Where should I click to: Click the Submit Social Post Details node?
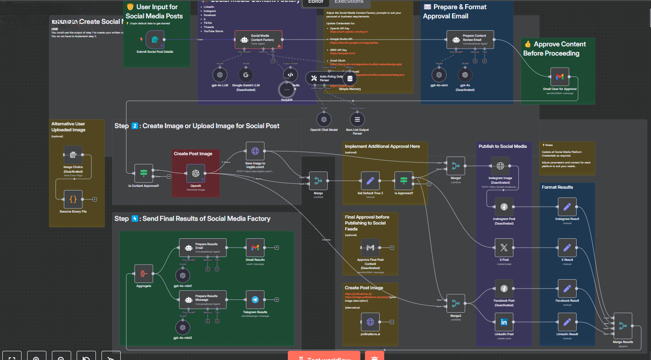coord(155,39)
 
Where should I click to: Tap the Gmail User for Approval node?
coord(559,77)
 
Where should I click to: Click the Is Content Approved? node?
coord(143,173)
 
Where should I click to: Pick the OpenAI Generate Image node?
coord(196,173)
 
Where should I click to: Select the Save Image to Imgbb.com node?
coord(255,151)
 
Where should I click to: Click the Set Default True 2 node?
coord(370,181)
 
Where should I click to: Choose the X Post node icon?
coord(504,247)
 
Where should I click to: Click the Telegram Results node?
coord(255,300)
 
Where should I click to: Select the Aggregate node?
coord(143,274)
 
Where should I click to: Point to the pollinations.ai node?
coord(370,321)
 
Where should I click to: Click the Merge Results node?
coord(623,326)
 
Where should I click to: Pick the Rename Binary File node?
coord(73,199)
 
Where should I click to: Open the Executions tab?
coord(349,2)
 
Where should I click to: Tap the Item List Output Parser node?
coord(357,119)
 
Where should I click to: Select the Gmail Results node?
coord(255,247)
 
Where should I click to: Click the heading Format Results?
coord(557,187)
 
